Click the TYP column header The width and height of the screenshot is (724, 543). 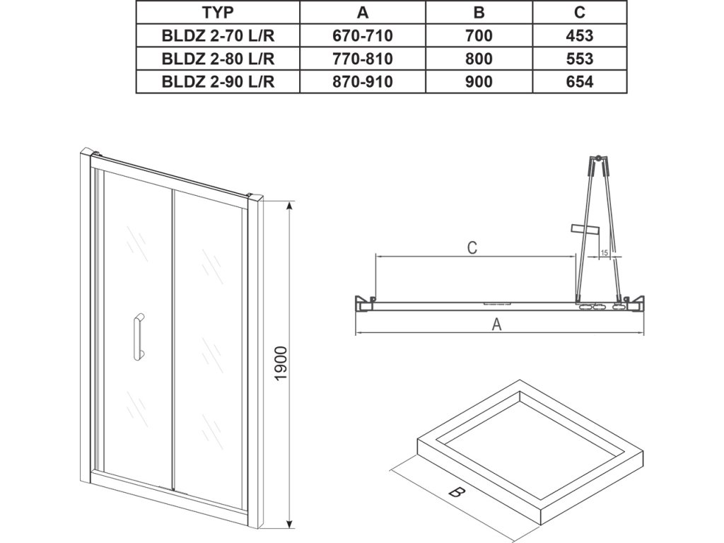(x=218, y=13)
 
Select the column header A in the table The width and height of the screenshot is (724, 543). (x=363, y=13)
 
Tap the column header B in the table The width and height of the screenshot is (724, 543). (x=479, y=13)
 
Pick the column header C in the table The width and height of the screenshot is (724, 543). (x=580, y=13)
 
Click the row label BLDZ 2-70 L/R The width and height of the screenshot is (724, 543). (x=218, y=35)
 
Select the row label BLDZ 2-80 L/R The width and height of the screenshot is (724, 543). (x=218, y=59)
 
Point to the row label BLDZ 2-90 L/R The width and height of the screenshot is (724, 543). (x=218, y=82)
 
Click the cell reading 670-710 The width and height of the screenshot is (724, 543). (x=363, y=35)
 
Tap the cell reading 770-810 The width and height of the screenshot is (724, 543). (x=363, y=59)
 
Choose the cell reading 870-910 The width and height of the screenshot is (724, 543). (x=363, y=82)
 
